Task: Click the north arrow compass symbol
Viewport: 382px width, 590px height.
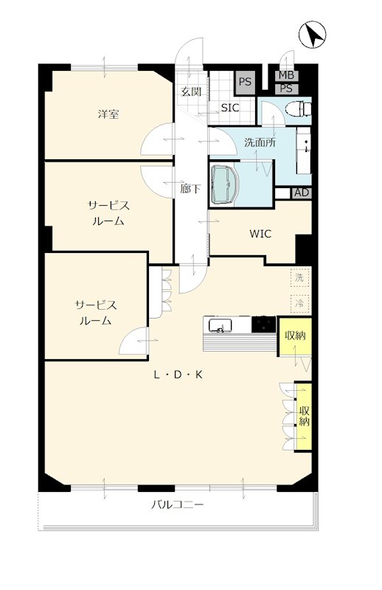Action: [x=313, y=35]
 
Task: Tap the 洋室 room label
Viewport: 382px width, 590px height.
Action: [x=108, y=114]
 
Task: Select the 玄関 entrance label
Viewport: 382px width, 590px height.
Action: [x=191, y=91]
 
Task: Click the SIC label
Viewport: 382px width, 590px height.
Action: [x=229, y=108]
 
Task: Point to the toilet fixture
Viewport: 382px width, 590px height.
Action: [x=298, y=108]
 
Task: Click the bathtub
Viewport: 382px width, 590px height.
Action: [x=225, y=184]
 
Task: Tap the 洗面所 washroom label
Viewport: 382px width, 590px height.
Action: [x=260, y=142]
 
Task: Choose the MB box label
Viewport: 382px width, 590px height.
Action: [x=286, y=76]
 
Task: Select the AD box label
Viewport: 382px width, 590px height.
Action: [x=302, y=192]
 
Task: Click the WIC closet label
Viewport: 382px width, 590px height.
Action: [x=260, y=234]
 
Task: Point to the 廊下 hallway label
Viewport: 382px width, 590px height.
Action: [x=190, y=189]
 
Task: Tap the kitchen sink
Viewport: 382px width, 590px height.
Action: [x=220, y=325]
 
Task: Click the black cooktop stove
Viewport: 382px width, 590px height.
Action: [x=264, y=324]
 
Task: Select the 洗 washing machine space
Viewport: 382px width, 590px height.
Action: [x=299, y=279]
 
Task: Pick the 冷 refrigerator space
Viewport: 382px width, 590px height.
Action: [x=299, y=303]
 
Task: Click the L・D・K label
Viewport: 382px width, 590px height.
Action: [x=178, y=375]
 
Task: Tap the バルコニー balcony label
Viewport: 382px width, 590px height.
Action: [x=177, y=504]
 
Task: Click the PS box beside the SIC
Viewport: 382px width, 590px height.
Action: [x=245, y=82]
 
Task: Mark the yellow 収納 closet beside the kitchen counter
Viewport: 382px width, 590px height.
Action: [x=295, y=336]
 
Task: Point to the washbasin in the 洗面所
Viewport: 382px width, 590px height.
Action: [x=304, y=150]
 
